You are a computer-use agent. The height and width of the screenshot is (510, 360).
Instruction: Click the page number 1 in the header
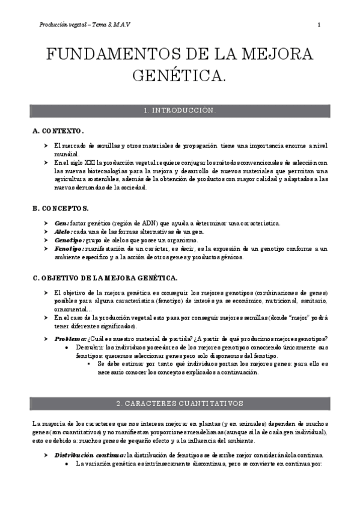[x=319, y=25]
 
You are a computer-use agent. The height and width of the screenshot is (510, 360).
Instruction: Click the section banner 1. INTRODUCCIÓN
[x=180, y=111]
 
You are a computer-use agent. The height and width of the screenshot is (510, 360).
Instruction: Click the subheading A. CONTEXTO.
[x=58, y=131]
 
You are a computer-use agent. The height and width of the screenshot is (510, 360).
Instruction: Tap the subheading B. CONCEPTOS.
[x=61, y=208]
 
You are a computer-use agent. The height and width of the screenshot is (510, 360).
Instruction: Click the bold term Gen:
[x=61, y=223]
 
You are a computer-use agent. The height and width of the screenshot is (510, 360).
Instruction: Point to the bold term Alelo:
[x=63, y=232]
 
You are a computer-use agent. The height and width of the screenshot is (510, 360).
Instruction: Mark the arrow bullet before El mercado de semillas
[x=46, y=146]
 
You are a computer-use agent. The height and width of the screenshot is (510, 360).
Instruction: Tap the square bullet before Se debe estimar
[x=91, y=364]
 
